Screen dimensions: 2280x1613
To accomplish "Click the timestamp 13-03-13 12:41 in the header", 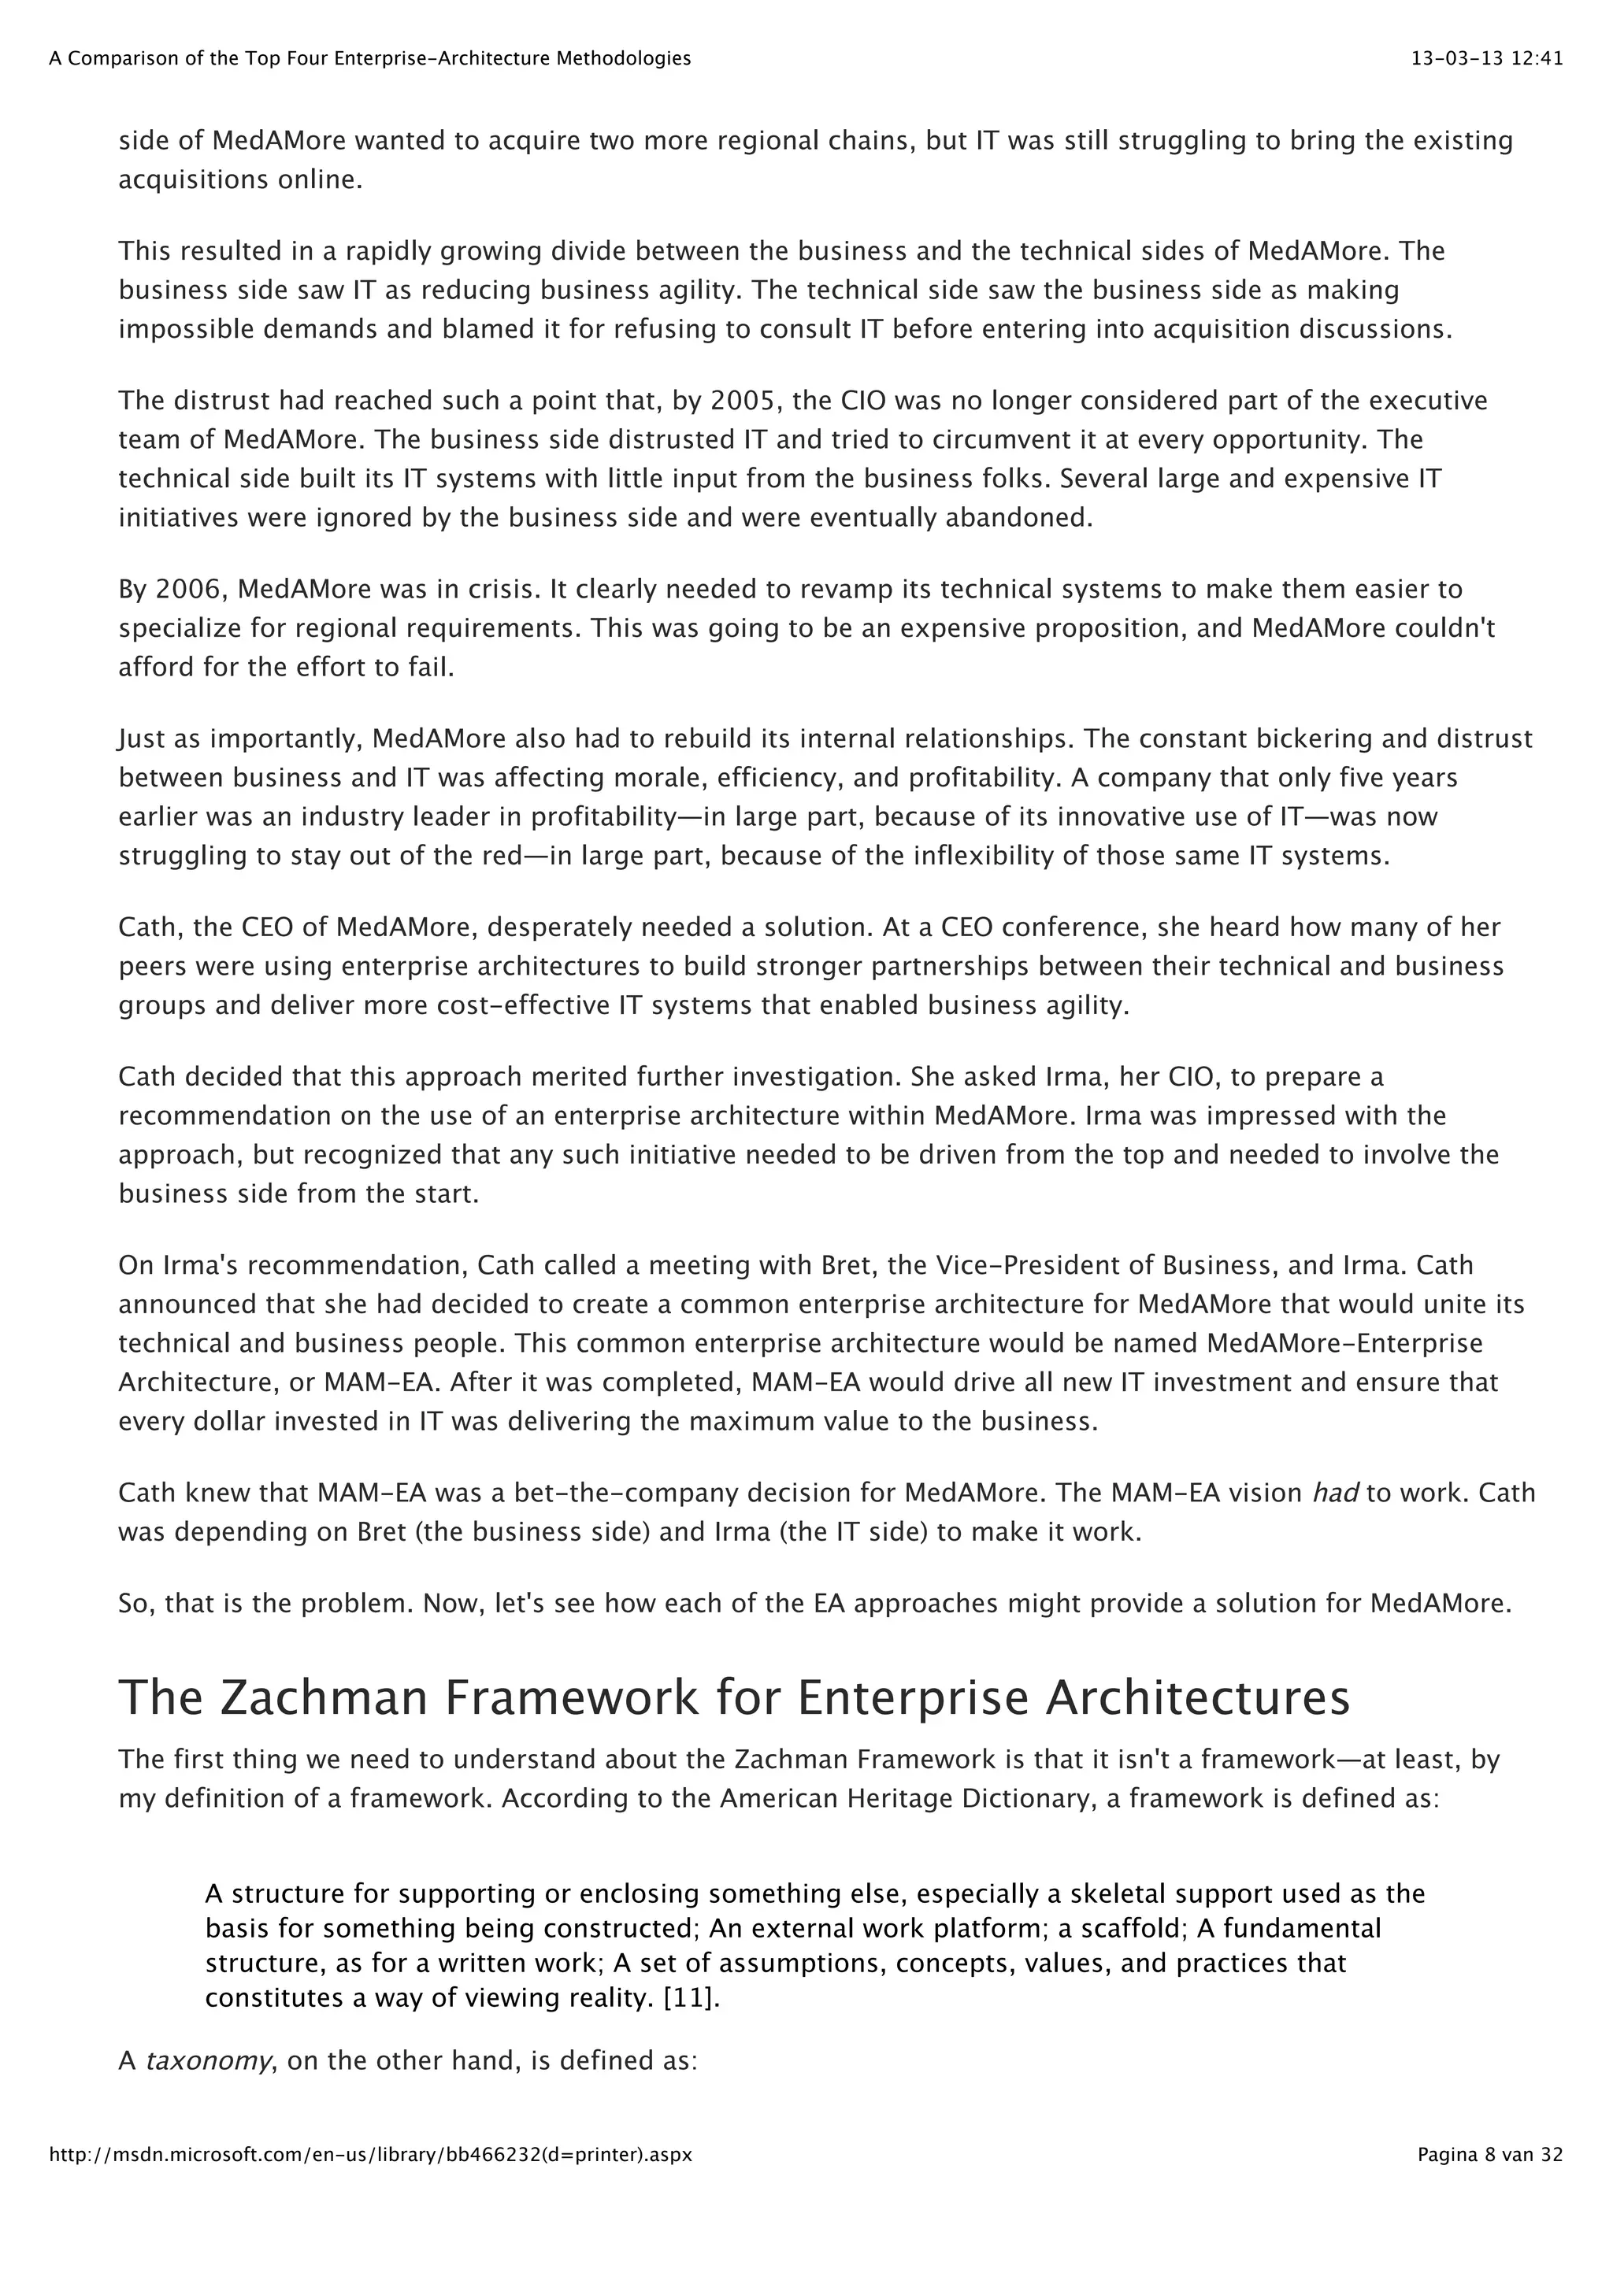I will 1487,58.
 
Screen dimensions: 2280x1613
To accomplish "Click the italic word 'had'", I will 1335,1493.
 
